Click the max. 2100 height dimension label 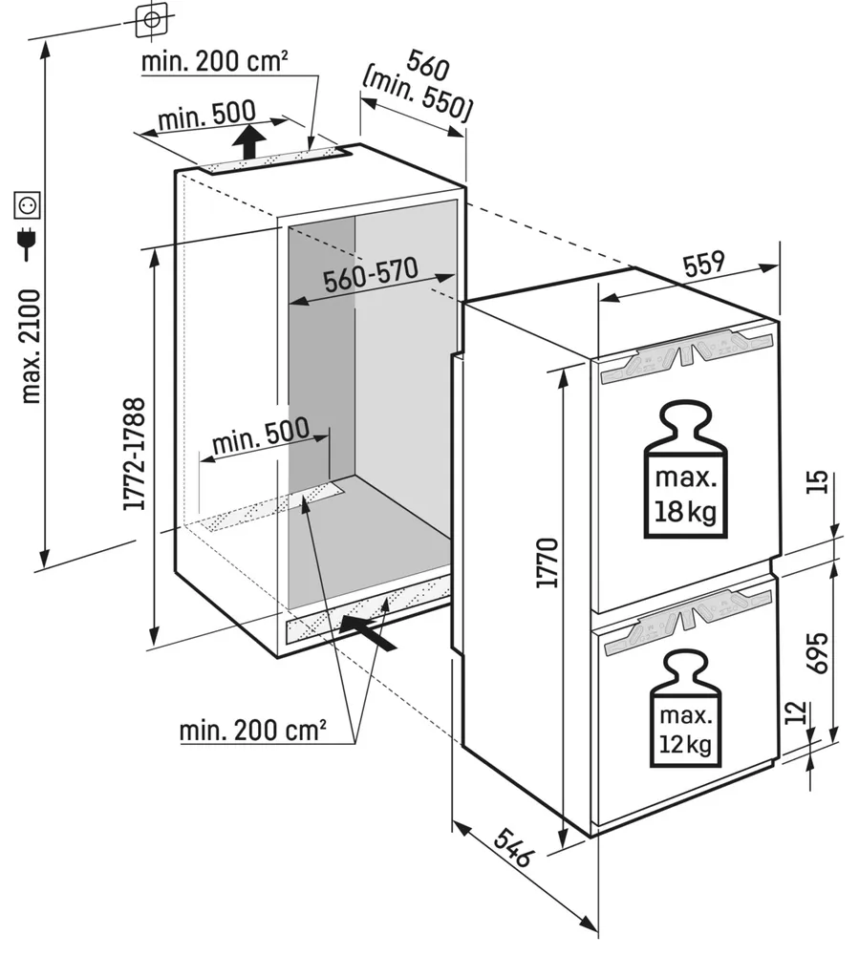(x=31, y=345)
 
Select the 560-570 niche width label (x=370, y=277)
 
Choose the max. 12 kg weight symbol (x=683, y=709)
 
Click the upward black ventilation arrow (x=249, y=141)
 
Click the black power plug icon (x=27, y=245)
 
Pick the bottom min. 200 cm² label (x=253, y=732)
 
